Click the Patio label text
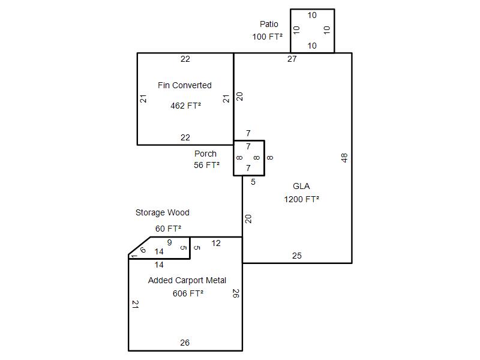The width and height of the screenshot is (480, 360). [269, 25]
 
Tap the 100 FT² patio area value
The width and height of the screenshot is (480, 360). [268, 37]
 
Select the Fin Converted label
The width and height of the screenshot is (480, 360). [185, 85]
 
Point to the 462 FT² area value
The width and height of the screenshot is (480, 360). [185, 106]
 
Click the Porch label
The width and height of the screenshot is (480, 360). [205, 154]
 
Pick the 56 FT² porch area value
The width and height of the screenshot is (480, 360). [206, 165]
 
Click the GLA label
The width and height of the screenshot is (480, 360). [301, 186]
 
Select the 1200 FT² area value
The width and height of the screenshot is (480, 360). [301, 199]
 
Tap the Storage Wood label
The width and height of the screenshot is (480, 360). [162, 212]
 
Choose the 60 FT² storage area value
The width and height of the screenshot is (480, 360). [168, 229]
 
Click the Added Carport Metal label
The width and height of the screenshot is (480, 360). [187, 280]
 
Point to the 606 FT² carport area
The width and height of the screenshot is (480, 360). [188, 293]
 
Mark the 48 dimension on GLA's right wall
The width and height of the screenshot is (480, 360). [344, 158]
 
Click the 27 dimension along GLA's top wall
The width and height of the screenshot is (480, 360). [292, 59]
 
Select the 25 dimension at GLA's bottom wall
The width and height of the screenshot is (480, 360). [297, 256]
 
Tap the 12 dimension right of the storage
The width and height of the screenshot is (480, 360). [216, 243]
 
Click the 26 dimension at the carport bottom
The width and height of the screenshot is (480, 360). [185, 343]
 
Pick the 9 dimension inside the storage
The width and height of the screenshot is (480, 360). [169, 242]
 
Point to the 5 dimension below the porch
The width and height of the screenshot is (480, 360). [253, 182]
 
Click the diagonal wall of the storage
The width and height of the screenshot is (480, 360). [139, 247]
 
